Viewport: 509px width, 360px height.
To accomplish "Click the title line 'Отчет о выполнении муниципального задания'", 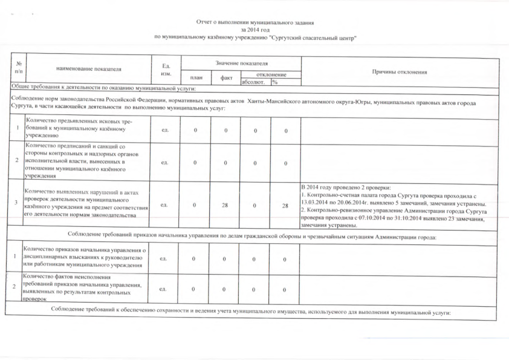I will coord(254,22).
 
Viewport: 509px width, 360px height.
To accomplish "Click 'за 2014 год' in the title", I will coord(254,29).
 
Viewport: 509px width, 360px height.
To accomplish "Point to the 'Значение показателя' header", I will coord(241,63).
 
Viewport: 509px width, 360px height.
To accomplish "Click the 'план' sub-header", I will coord(195,77).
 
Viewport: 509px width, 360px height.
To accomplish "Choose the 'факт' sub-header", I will coord(226,77).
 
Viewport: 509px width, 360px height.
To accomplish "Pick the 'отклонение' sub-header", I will coord(271,74).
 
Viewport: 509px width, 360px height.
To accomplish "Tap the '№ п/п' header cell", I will coord(18,68).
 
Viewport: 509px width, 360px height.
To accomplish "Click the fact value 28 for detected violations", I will coord(225,206).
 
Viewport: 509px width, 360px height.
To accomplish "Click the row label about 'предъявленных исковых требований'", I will coord(77,129).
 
